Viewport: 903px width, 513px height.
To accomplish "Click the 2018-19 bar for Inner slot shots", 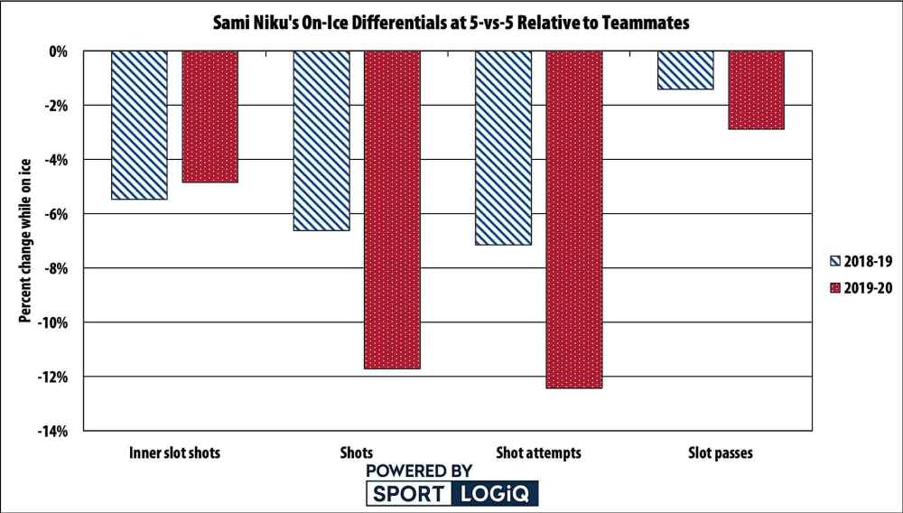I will (x=139, y=125).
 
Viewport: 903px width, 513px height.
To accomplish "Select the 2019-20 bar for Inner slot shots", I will (x=209, y=117).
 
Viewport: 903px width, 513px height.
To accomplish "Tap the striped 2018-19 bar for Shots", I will (x=321, y=141).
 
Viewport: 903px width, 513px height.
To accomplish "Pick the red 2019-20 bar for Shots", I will (x=392, y=210).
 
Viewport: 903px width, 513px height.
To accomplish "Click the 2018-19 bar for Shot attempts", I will (x=503, y=148).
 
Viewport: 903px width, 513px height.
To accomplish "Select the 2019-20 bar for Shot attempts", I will (x=574, y=219).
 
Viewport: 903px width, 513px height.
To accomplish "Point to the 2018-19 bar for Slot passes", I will (x=685, y=70).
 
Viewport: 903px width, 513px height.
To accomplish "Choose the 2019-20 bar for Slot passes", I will (x=756, y=90).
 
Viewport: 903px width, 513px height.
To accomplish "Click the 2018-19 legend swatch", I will (x=834, y=261).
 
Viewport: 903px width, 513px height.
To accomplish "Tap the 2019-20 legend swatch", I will (x=834, y=287).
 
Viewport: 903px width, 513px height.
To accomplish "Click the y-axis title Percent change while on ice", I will (x=25, y=241).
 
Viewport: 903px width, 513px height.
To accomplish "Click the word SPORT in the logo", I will (x=407, y=494).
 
